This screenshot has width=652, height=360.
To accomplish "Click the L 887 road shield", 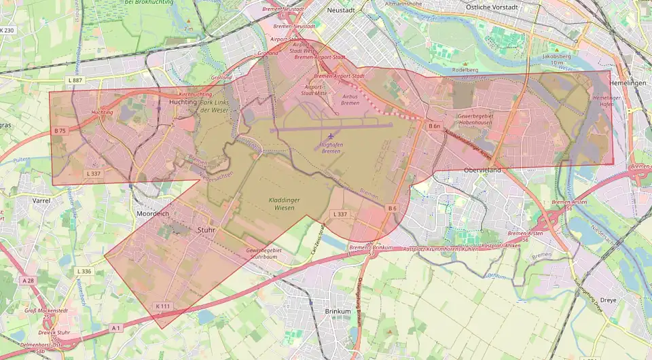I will (75, 81).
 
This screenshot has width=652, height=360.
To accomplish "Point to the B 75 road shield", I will (60, 130).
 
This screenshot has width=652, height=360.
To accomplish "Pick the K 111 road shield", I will (162, 306).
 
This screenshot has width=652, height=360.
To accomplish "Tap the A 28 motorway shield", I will (28, 281).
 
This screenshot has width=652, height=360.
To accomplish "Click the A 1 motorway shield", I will (115, 328).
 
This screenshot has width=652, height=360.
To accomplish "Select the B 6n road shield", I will (435, 126).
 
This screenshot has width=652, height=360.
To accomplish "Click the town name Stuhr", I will (206, 230).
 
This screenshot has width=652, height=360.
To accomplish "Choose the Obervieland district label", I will (482, 170).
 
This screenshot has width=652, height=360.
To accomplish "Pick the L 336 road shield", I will (84, 271).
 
